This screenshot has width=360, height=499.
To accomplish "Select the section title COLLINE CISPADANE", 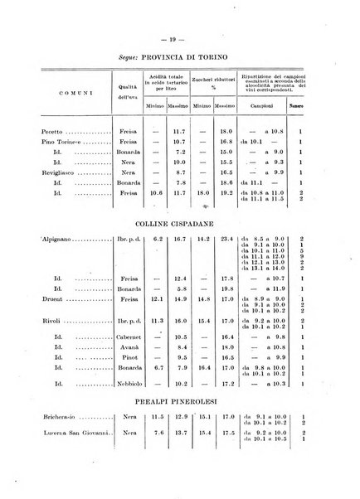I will tap(180, 222).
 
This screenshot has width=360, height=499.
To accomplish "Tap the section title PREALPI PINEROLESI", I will tap(180, 400).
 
